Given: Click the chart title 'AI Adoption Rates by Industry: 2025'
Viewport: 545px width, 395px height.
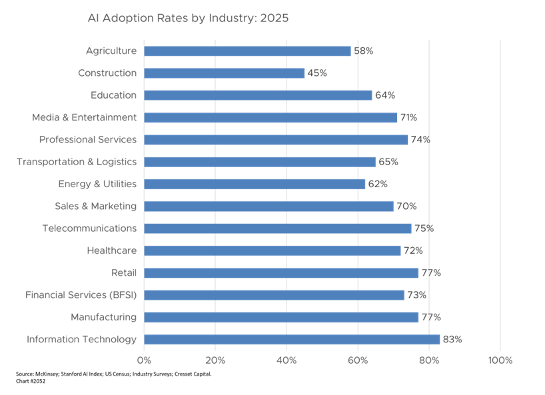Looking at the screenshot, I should coord(188,19).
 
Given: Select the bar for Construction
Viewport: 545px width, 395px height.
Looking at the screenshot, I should coord(225,73).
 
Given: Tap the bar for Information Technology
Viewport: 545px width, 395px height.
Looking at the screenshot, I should coord(292,340).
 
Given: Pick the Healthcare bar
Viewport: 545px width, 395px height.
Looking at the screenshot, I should coord(272,251).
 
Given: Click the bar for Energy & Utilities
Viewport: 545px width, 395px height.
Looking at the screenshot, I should coord(255,185).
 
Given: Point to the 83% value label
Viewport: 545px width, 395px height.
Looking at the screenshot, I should coord(452,340).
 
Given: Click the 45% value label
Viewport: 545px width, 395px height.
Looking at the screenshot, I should coord(317,73).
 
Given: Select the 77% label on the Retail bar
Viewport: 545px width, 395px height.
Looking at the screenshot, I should coord(431,273).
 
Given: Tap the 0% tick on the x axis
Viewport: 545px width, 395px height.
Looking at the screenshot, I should coord(144,360).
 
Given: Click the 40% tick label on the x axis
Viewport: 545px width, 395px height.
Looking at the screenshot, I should coord(286,360).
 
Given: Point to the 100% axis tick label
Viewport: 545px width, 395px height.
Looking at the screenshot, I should coord(500,360).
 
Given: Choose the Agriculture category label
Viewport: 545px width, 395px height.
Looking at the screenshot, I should coord(111,51).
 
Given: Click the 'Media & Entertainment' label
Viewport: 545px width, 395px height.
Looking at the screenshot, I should coord(85,118).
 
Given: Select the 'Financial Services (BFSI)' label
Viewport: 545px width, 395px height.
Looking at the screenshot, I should coord(81,295).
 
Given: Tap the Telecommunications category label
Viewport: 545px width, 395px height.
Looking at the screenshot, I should coord(89,228).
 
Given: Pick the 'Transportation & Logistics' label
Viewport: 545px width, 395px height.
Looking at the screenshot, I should coord(77,162).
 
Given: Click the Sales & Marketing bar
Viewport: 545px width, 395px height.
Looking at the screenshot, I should coord(269,206).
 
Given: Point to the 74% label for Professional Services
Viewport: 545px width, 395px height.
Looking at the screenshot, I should coord(420,140).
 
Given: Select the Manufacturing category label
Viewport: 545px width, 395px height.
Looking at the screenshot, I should coord(103,318).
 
